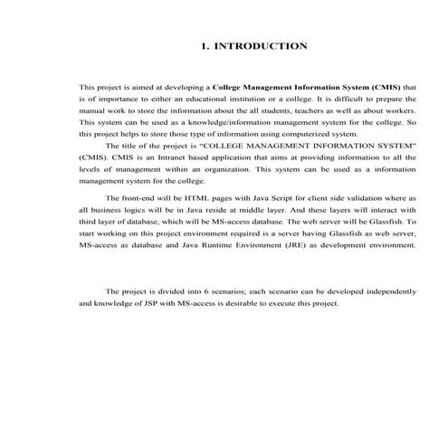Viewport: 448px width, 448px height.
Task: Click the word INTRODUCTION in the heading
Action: point(262,45)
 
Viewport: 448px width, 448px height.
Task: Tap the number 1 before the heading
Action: point(205,45)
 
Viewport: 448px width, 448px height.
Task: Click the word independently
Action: point(389,291)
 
